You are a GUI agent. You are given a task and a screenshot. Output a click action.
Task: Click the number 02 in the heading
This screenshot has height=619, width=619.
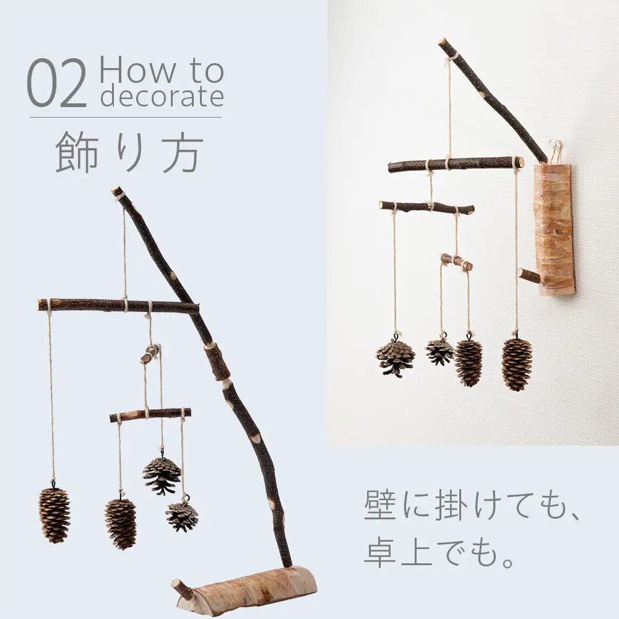click(x=57, y=83)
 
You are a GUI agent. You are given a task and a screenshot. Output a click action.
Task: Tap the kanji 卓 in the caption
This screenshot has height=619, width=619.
click(x=380, y=552)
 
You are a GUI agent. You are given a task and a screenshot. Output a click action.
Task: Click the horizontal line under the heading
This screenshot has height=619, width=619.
click(x=126, y=117)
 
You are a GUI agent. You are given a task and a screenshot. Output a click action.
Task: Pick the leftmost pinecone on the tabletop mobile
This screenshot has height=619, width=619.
click(x=54, y=514)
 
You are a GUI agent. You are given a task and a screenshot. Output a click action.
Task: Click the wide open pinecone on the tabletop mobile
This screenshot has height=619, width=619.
click(x=162, y=475)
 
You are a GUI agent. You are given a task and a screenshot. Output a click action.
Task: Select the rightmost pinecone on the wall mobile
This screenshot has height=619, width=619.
click(x=516, y=364)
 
